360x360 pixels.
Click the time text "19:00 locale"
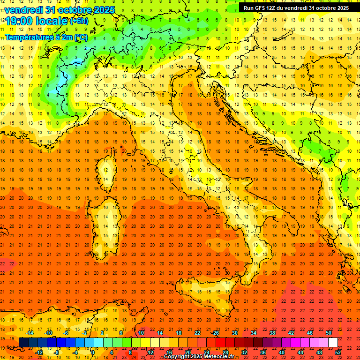(37, 21)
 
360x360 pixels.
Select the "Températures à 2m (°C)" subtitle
(46, 37)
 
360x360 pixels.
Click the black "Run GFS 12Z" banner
(296, 7)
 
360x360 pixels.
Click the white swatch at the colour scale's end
(333, 342)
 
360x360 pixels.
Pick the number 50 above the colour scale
(328, 333)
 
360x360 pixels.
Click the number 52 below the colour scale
(337, 352)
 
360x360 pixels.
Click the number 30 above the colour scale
(234, 333)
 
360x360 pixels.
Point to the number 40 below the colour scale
(281, 352)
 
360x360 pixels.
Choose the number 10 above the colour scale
(141, 333)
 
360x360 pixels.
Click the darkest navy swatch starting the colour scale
(23, 342)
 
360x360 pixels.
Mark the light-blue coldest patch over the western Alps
(61, 84)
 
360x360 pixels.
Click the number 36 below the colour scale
(262, 352)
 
